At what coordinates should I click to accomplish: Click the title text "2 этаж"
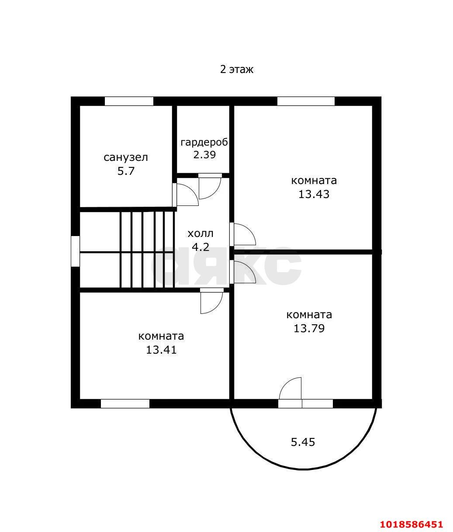point(237,70)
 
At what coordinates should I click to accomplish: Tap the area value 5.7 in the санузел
point(126,171)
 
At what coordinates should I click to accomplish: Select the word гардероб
point(204,143)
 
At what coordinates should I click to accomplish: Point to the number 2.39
point(204,155)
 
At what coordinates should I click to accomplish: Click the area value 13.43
point(314,194)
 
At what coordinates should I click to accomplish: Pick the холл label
point(201,234)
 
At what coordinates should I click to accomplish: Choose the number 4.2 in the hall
point(201,247)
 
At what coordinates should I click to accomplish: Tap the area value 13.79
point(309,328)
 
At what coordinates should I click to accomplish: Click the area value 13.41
point(161,350)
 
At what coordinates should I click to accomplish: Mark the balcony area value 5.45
point(303,442)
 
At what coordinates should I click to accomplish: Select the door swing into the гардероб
point(210,186)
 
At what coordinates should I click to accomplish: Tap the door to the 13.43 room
point(242,234)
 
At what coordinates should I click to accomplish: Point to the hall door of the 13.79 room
point(242,272)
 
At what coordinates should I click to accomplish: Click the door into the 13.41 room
point(212,301)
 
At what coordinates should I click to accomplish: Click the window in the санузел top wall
point(129,101)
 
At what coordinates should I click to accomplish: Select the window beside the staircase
point(76,251)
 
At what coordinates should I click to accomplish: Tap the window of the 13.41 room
point(125,403)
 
